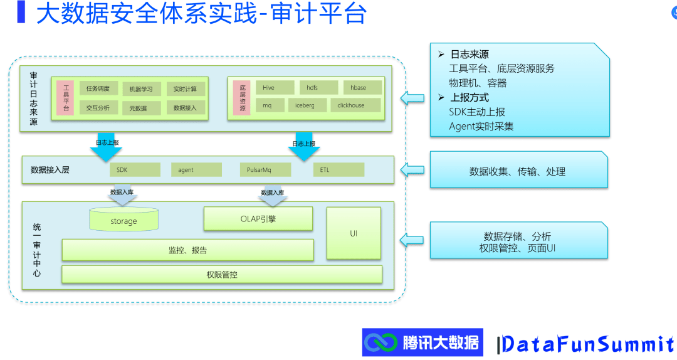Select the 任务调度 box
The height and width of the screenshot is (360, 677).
pyautogui.click(x=98, y=89)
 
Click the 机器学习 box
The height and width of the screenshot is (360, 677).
pyautogui.click(x=141, y=89)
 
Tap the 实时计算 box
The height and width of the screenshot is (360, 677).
pyautogui.click(x=185, y=89)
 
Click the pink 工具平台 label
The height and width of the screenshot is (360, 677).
pyautogui.click(x=65, y=98)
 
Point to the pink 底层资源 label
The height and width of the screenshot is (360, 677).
pyautogui.click(x=242, y=97)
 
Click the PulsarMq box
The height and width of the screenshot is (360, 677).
pyautogui.click(x=265, y=170)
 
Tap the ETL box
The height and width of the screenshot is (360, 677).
pyautogui.click(x=338, y=170)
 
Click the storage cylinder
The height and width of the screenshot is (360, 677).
pyautogui.click(x=123, y=220)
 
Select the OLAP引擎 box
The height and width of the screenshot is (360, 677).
pyautogui.click(x=258, y=219)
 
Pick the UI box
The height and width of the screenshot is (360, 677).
pyautogui.click(x=354, y=233)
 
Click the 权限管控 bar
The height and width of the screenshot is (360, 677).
pyautogui.click(x=222, y=275)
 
